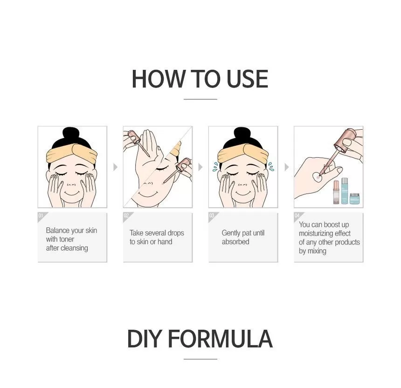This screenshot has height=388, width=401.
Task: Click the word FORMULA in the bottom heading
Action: tap(220, 339)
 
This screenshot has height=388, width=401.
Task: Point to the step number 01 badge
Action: tap(41, 215)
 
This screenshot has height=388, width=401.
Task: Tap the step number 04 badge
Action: tap(297, 215)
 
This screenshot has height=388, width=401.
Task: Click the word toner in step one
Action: tap(67, 239)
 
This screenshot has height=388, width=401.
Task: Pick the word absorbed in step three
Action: tap(235, 242)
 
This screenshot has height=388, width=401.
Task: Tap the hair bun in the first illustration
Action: tap(72, 134)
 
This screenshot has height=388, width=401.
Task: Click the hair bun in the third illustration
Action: tap(243, 134)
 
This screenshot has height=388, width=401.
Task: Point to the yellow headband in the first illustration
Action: tap(72, 153)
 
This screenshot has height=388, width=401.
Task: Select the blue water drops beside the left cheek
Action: tap(215, 166)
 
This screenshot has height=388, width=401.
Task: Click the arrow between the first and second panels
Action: tap(115, 167)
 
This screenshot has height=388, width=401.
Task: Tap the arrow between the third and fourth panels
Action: tap(287, 167)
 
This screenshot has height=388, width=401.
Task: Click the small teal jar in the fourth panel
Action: tap(355, 199)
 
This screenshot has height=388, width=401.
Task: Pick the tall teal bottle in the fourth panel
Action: tap(345, 191)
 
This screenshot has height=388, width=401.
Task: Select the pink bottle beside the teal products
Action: tap(336, 192)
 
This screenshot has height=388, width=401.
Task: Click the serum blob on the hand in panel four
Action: tap(318, 177)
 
